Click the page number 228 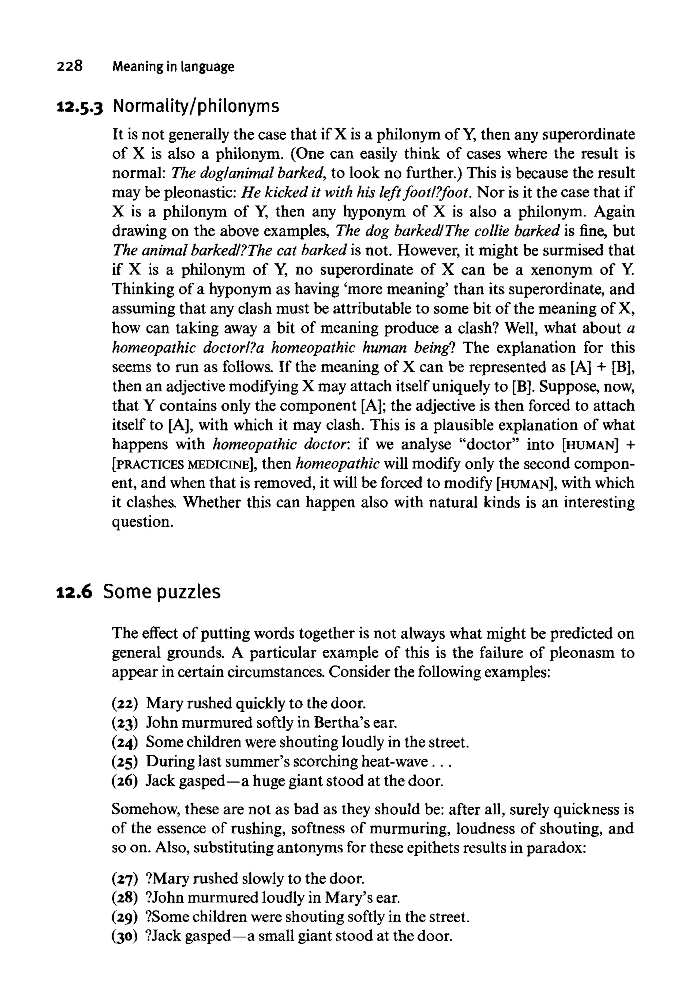tap(69, 67)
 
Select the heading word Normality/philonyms tap(196, 107)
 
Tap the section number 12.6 tap(74, 592)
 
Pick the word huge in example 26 tap(269, 781)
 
